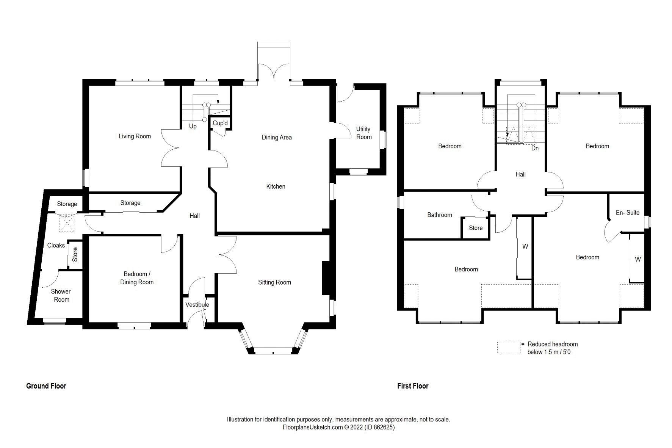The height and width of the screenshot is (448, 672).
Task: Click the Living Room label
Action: coord(135,136)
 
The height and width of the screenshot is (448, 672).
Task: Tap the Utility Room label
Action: coord(363,133)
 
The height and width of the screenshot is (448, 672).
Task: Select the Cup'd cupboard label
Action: coord(220,123)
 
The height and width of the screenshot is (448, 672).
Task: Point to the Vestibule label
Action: coord(197,305)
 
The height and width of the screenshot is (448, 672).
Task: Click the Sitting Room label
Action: coord(274,282)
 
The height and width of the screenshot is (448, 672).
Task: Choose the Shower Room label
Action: coord(61,296)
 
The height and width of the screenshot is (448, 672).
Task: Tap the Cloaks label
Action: coord(56,246)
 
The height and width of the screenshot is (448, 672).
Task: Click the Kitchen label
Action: coord(276,186)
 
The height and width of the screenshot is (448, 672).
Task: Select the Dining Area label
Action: coord(277,138)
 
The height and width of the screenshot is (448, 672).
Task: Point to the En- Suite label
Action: coord(627,213)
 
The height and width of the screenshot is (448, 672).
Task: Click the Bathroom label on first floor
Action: coord(439,215)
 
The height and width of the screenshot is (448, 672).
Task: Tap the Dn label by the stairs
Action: coord(535,148)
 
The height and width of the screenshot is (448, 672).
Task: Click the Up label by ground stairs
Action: coord(193,126)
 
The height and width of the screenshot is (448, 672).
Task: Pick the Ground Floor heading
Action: coord(46,386)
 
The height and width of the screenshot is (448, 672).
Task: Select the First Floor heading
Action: coord(413,386)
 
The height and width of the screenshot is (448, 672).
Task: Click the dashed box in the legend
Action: coord(509,348)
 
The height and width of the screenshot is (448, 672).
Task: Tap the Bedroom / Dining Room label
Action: coord(137,278)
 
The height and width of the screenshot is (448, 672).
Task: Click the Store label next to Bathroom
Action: coord(475,228)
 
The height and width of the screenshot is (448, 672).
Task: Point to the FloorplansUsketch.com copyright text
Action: coord(338,427)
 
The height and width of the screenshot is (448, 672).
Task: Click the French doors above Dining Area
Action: coord(274,72)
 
